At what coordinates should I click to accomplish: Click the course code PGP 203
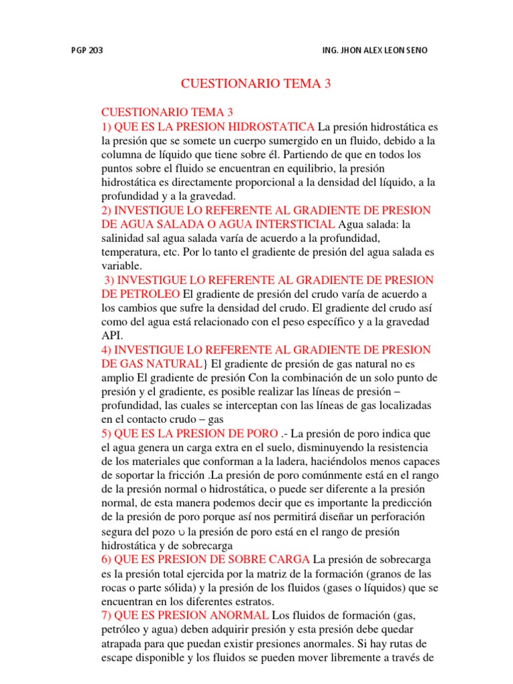point(86,50)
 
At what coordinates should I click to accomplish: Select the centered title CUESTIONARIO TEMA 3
point(256,84)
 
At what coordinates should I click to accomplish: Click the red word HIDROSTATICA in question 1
point(271,126)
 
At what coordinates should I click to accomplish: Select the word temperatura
point(133,253)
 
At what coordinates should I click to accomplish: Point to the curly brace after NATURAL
point(205,363)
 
